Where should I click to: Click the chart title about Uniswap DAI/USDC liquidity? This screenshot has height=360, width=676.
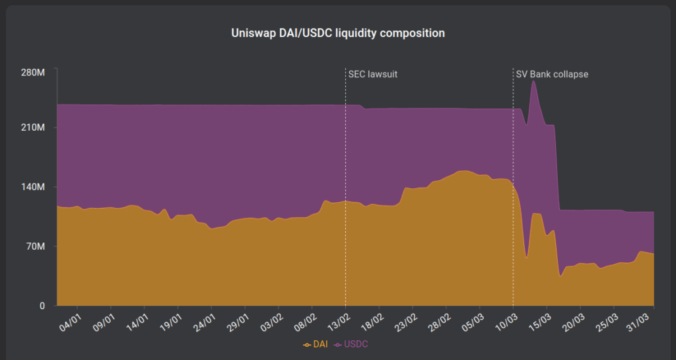pyautogui.click(x=338, y=32)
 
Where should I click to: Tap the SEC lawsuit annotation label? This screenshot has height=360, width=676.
pyautogui.click(x=373, y=75)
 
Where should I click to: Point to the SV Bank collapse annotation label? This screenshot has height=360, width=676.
pyautogui.click(x=552, y=75)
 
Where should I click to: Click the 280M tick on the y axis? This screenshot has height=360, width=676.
pyautogui.click(x=32, y=72)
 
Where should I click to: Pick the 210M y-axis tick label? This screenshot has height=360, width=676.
pyautogui.click(x=32, y=127)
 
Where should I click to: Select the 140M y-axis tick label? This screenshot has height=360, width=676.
pyautogui.click(x=32, y=188)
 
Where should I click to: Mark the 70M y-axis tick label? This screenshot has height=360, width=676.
pyautogui.click(x=34, y=247)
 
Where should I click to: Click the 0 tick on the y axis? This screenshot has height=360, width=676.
pyautogui.click(x=42, y=306)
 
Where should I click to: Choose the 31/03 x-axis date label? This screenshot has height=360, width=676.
pyautogui.click(x=644, y=324)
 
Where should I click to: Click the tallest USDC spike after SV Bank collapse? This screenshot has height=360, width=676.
pyautogui.click(x=533, y=82)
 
